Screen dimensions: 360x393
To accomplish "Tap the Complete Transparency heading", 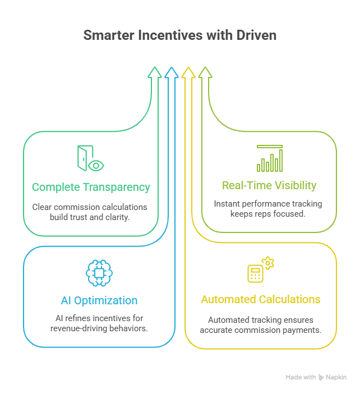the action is pyautogui.click(x=91, y=187).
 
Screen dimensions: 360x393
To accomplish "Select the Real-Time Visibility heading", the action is pyautogui.click(x=269, y=185).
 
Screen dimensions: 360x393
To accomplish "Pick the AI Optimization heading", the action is pyautogui.click(x=99, y=300).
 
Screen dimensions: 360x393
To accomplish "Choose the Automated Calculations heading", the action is pyautogui.click(x=261, y=299).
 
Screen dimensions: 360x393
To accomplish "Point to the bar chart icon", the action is pyautogui.click(x=270, y=158).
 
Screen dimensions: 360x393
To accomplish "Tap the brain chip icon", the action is pyautogui.click(x=99, y=273).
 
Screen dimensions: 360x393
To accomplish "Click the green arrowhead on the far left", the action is pyautogui.click(x=153, y=72).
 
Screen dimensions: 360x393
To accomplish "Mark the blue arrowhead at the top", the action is pyautogui.click(x=170, y=72).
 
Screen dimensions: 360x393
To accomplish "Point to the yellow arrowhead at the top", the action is pyautogui.click(x=188, y=72).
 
